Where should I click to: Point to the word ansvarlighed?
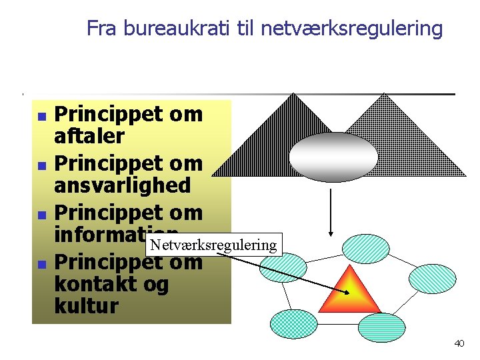click(122, 185)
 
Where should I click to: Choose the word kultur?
click(86, 307)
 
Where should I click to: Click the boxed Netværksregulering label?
click(213, 245)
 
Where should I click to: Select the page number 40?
click(459, 343)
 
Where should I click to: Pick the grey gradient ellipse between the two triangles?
click(333, 157)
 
